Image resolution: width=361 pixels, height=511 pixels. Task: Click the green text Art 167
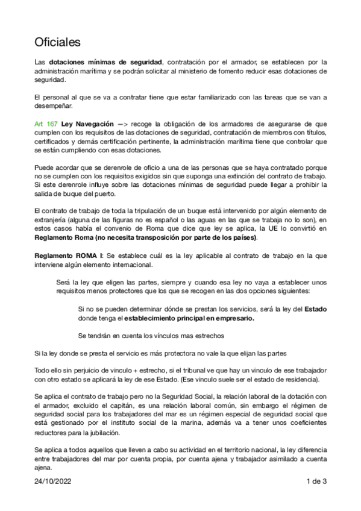(x=45, y=123)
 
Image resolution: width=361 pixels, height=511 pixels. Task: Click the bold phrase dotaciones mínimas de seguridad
(x=105, y=62)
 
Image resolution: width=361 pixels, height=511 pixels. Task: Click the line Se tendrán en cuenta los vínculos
(x=151, y=336)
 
